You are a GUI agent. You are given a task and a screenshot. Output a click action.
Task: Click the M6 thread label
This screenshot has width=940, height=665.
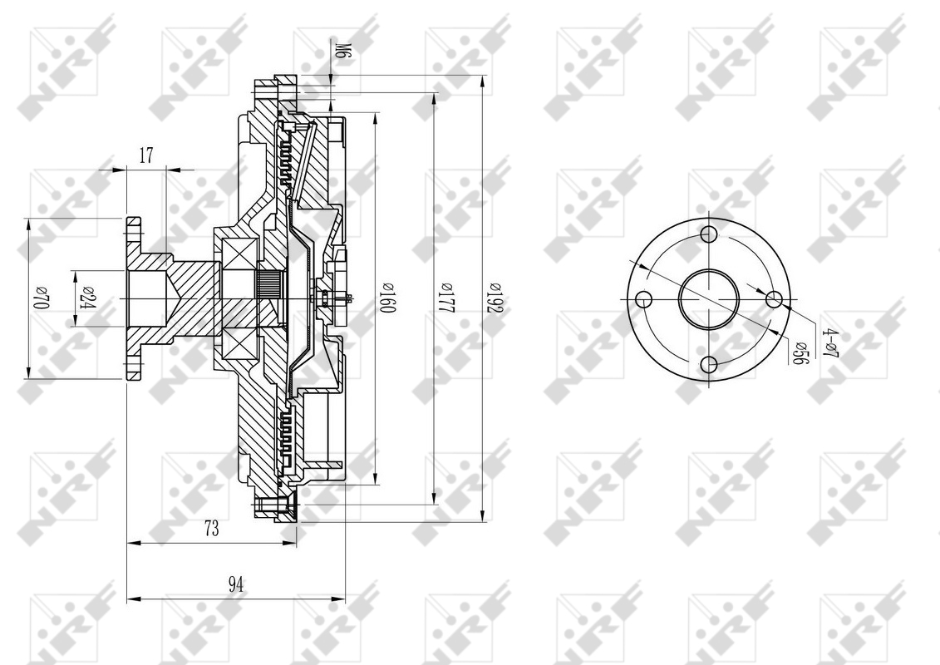341,49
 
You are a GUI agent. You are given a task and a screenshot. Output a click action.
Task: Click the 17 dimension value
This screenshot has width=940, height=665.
146,156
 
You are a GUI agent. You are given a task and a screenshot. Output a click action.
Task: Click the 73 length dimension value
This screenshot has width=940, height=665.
211,529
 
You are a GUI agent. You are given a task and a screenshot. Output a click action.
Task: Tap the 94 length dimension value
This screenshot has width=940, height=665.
236,584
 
